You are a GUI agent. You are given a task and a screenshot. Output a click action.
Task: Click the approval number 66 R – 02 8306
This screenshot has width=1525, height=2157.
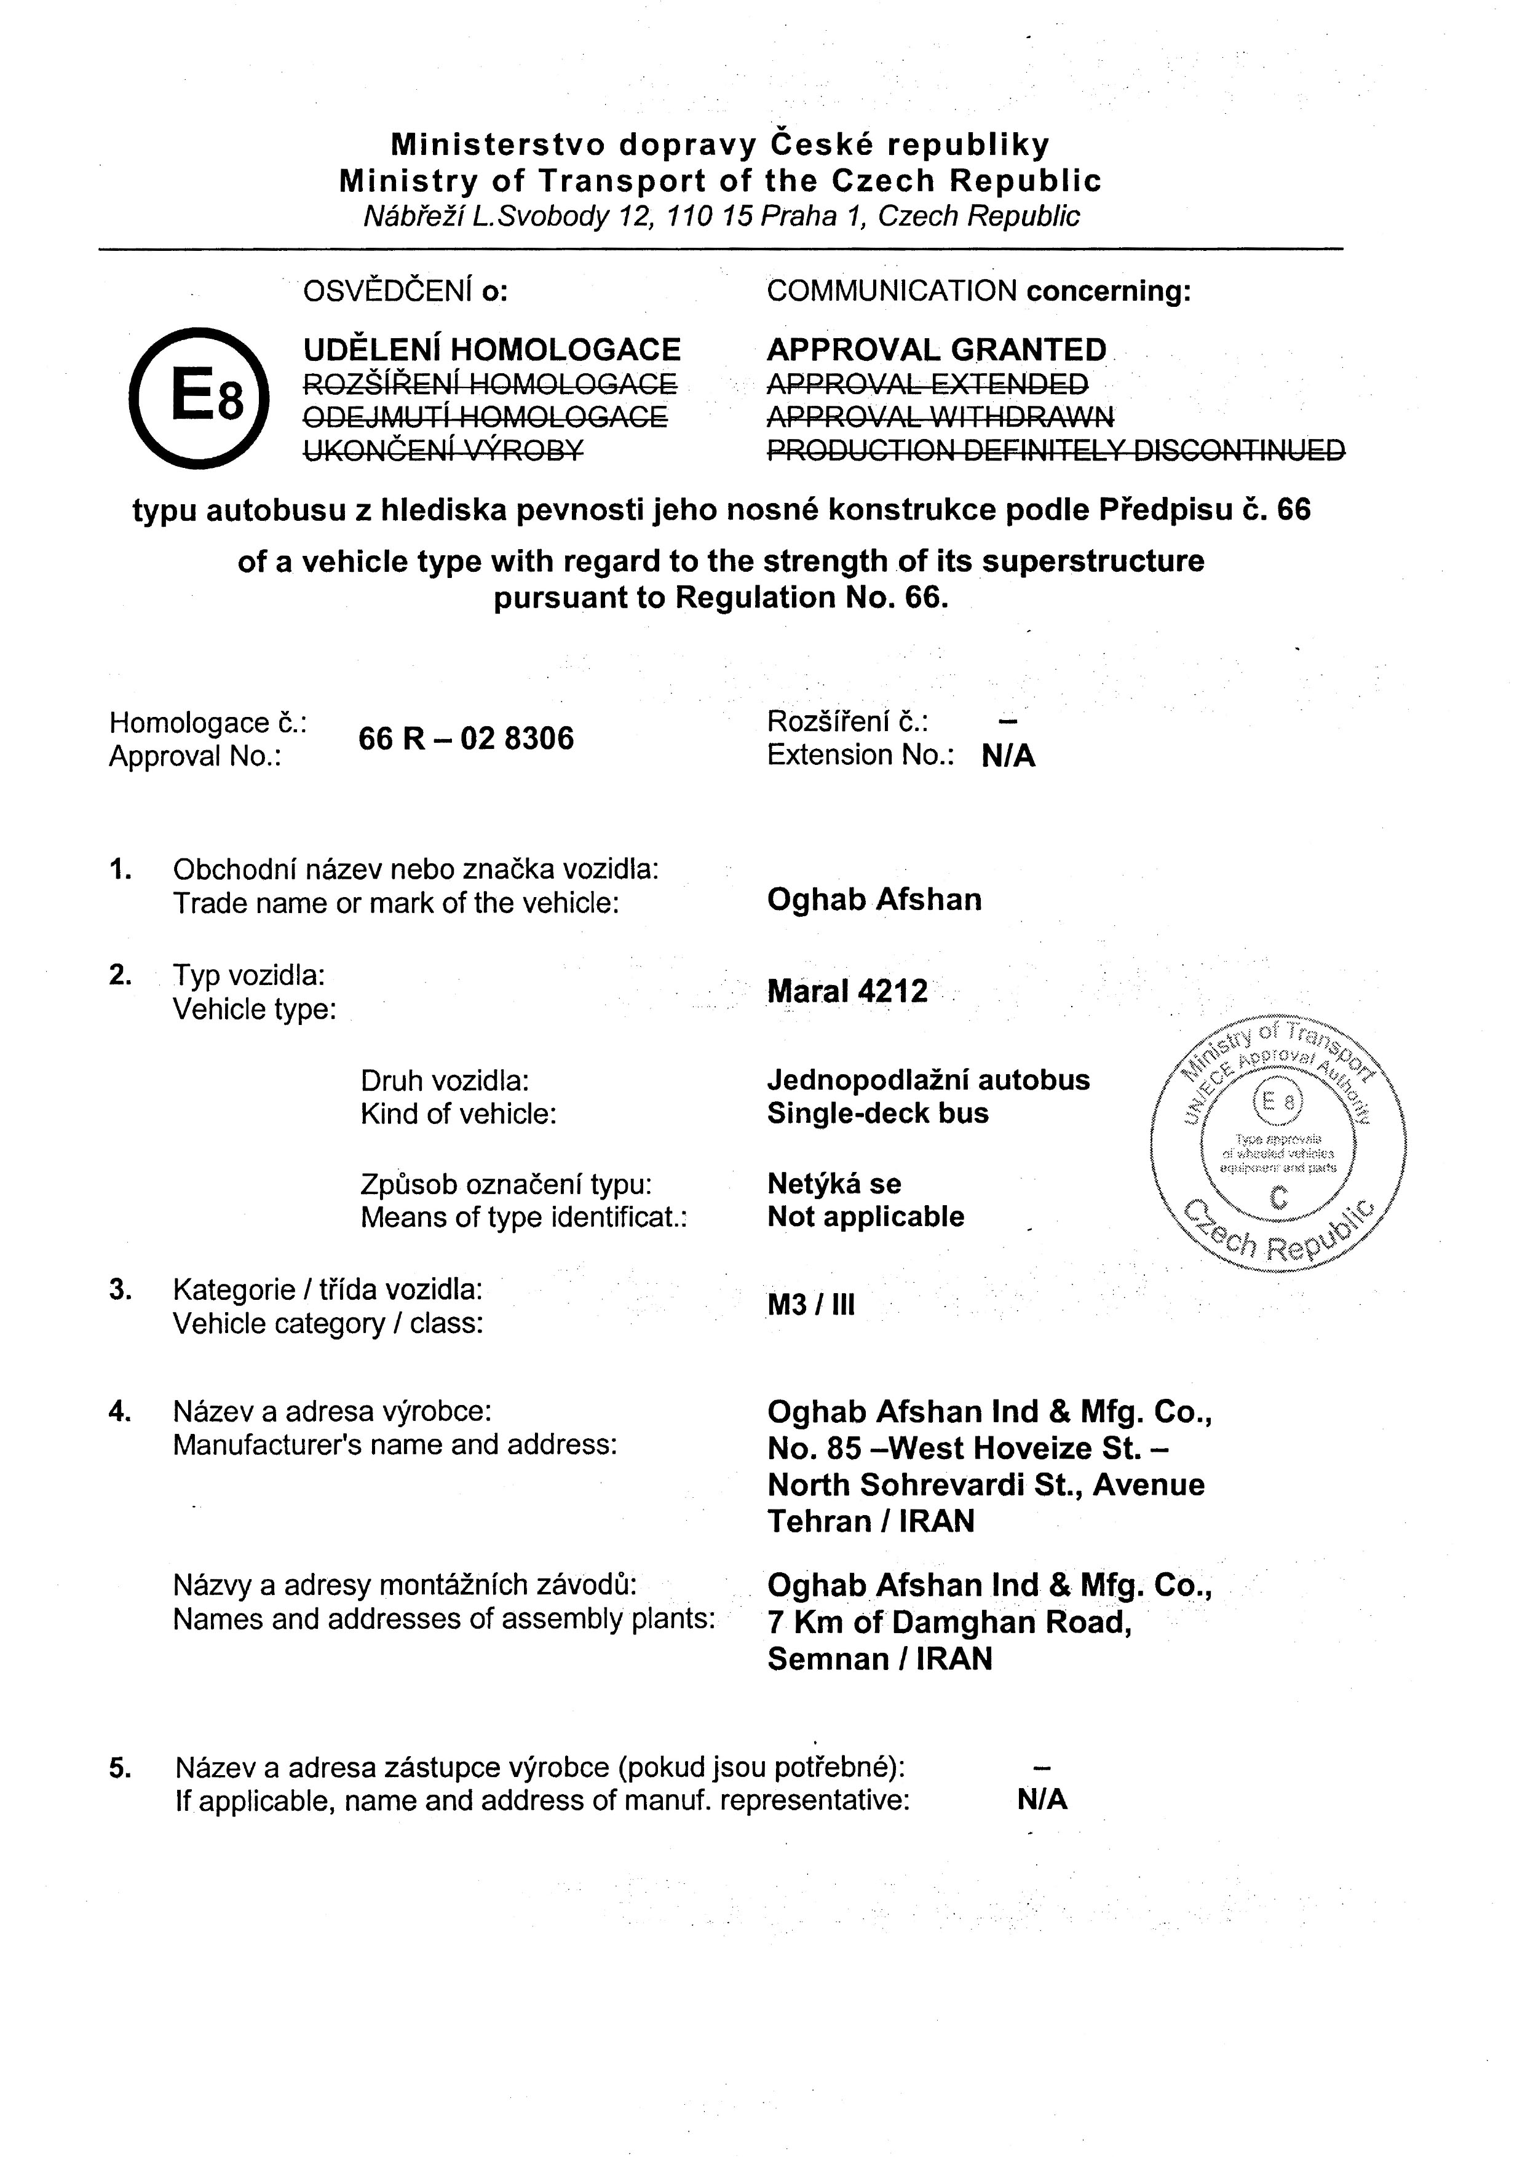466,738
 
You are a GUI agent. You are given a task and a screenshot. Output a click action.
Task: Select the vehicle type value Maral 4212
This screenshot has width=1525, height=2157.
847,991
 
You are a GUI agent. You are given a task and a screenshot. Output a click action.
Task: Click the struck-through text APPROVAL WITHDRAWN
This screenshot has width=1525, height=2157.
940,416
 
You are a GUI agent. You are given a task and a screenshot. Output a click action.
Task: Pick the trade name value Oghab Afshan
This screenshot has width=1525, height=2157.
874,900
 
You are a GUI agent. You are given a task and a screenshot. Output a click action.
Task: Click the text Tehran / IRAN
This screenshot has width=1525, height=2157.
871,1521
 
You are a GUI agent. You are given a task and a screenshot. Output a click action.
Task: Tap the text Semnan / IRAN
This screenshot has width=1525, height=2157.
879,1659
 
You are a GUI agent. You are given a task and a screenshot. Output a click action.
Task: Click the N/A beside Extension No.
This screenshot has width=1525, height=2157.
1008,756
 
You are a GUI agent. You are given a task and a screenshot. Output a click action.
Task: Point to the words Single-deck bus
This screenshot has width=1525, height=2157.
877,1114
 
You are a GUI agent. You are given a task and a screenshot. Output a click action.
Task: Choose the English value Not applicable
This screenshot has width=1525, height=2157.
865,1217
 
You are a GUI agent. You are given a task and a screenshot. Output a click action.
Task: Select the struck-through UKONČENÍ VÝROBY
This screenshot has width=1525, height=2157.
443,451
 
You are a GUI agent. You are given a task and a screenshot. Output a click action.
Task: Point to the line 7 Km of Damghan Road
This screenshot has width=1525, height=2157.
949,1623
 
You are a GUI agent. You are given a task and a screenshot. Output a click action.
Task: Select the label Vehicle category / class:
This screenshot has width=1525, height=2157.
328,1324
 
